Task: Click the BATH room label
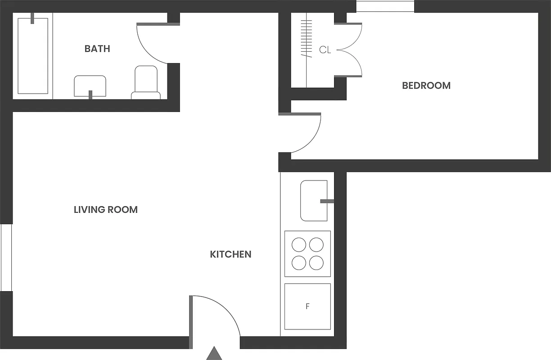coord(97,49)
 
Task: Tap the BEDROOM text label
coord(426,85)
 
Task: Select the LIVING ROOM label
coord(106,210)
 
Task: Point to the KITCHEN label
coord(230,254)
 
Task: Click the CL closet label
coord(325,50)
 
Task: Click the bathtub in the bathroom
coord(33,56)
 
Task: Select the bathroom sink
coord(90,85)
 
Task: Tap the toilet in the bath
coord(146,82)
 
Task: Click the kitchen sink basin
coord(313,201)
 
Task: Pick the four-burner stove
coord(307,254)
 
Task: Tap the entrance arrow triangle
coord(215,354)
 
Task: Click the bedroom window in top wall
coord(385,6)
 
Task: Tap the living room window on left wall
coord(6,257)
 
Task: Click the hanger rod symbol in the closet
coord(307,38)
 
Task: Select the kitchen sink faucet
coord(327,201)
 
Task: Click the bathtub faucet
coord(32,18)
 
